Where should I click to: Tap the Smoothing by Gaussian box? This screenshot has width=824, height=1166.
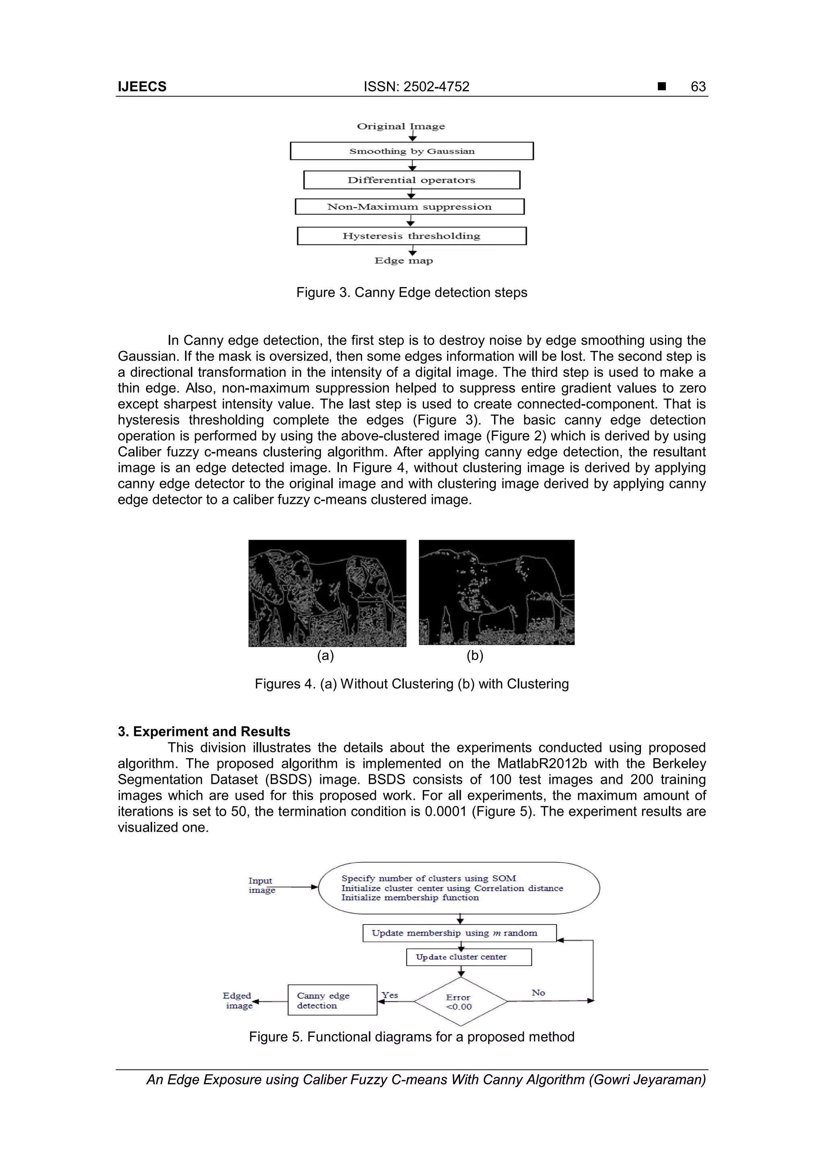tap(412, 151)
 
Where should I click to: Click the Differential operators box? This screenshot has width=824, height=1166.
tap(412, 180)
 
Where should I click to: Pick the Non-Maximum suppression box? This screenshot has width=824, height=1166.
tap(409, 207)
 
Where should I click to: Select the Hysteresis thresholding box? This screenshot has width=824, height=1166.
tap(412, 235)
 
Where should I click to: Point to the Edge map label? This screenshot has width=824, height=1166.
tap(404, 260)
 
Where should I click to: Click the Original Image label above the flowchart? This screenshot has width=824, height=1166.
tap(401, 126)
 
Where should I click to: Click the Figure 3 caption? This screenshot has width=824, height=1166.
tap(412, 293)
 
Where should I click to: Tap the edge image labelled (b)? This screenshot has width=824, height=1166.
tap(496, 592)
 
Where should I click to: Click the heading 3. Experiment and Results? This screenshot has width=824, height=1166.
tap(204, 731)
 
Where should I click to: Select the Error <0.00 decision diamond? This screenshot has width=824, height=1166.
tap(460, 1001)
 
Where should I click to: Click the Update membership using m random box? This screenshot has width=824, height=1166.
tap(459, 933)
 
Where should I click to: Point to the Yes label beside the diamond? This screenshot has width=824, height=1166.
tap(390, 995)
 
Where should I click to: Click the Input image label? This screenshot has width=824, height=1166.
tap(262, 885)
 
